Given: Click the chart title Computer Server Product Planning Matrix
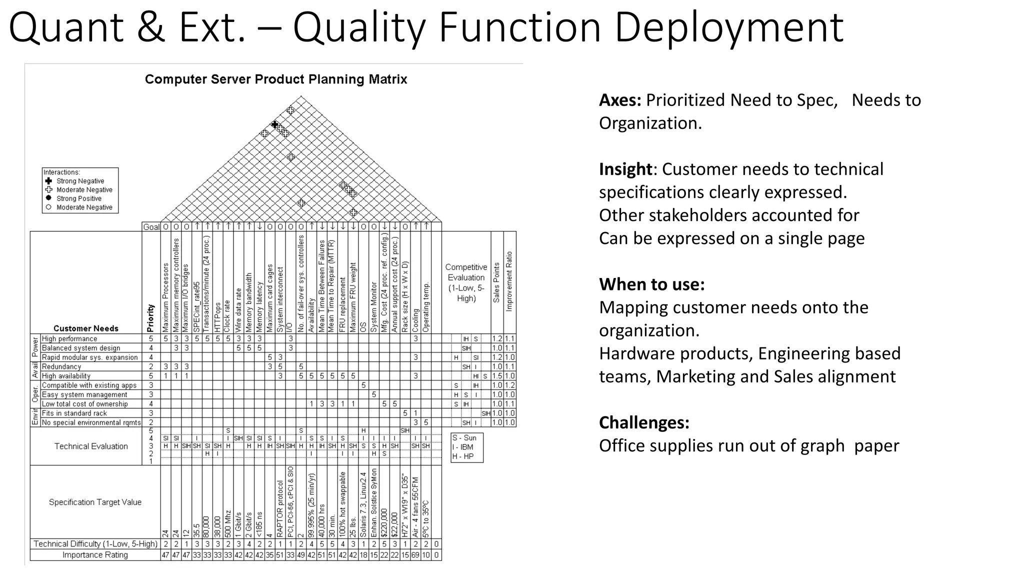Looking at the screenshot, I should [276, 79].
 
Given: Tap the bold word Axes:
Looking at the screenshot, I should [620, 100].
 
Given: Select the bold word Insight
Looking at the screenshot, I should [625, 169].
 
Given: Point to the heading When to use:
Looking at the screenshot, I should [652, 284].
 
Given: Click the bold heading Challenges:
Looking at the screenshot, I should [644, 422].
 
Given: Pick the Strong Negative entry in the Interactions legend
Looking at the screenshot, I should [80, 181].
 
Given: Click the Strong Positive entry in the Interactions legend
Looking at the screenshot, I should [78, 198].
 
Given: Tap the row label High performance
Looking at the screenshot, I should [69, 339].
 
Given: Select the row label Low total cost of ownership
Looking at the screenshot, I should [84, 404].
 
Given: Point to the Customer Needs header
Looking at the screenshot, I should [86, 328].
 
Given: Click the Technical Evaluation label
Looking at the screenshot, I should [91, 446].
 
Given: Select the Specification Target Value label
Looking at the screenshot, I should [95, 502].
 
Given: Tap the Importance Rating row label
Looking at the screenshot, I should [95, 555].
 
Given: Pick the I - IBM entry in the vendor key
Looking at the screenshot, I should [462, 447].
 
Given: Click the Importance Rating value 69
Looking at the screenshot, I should [415, 555].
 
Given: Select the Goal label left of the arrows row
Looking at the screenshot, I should [151, 227].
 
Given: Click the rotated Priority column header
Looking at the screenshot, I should [150, 318].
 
